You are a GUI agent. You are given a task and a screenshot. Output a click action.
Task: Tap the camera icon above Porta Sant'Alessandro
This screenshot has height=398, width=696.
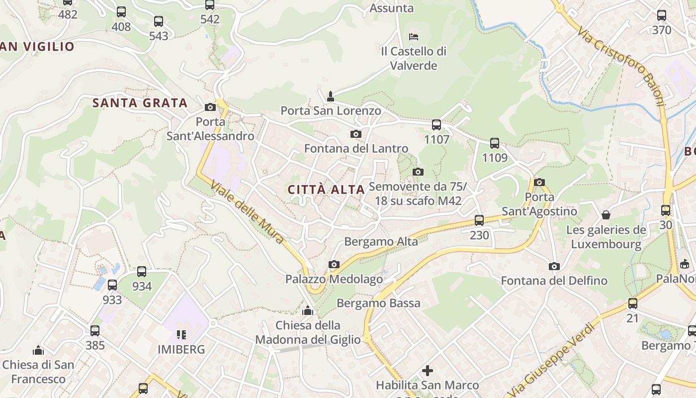pyautogui.click(x=210, y=107)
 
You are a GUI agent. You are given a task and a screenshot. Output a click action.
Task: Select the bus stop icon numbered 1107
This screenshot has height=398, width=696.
pyautogui.click(x=436, y=125)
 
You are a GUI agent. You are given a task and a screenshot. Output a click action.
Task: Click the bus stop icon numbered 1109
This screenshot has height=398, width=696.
pyautogui.click(x=495, y=143)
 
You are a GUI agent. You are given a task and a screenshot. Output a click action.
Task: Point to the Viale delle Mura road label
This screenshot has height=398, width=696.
pyautogui.click(x=247, y=212)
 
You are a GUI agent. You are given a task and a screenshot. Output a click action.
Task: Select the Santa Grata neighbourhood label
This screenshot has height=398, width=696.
pyautogui.click(x=140, y=103)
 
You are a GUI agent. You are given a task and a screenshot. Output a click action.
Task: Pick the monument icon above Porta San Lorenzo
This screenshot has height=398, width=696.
pyautogui.click(x=331, y=96)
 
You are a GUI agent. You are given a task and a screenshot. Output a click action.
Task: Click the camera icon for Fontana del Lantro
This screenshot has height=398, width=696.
pyautogui.click(x=356, y=134)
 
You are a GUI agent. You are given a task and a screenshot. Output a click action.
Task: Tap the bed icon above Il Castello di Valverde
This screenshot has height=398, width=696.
pyautogui.click(x=414, y=36)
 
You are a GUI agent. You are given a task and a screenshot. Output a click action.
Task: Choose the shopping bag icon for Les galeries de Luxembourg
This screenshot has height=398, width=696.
pyautogui.click(x=606, y=215)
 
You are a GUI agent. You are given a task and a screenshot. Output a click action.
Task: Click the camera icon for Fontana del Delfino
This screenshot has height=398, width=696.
pyautogui.click(x=554, y=266)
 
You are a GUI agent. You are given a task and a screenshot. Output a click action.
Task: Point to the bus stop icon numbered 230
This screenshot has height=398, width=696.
pyautogui.click(x=479, y=220)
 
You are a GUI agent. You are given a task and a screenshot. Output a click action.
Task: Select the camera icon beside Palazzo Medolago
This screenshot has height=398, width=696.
pyautogui.click(x=334, y=264)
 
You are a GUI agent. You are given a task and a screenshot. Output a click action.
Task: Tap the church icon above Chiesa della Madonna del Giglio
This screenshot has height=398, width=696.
pyautogui.click(x=308, y=311)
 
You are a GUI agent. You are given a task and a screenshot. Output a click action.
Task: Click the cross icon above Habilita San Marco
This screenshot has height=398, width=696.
pyautogui.click(x=427, y=371)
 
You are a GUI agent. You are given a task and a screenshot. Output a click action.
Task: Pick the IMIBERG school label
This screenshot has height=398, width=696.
pyautogui.click(x=181, y=349)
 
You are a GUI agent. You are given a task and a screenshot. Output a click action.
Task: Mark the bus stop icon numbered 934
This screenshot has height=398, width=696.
pyautogui.click(x=142, y=272)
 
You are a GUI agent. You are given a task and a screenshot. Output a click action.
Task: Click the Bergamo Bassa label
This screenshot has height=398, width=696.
pyautogui.click(x=378, y=303)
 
